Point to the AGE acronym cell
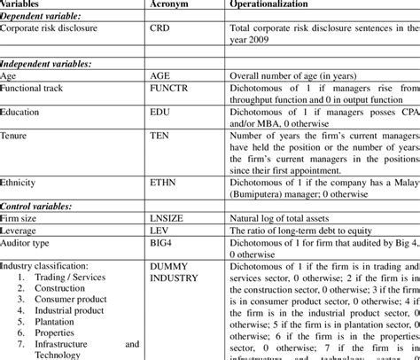coord(164,76)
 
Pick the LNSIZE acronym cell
coord(170,217)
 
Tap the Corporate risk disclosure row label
coord(49,28)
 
